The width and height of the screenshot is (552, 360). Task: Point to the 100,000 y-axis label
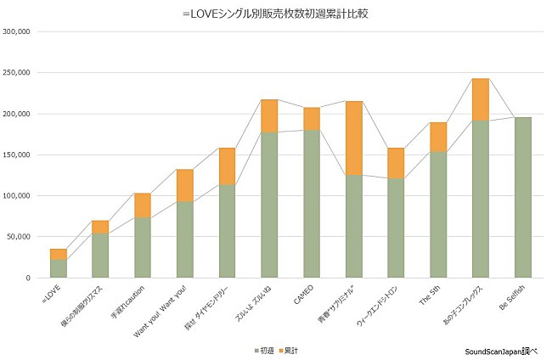tap(16, 195)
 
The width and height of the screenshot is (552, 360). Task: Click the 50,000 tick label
tap(19, 237)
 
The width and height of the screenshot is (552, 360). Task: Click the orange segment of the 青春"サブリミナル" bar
tap(353, 138)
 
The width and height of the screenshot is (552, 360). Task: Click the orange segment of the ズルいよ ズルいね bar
tap(269, 116)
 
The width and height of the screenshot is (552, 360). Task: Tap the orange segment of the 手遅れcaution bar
tap(142, 205)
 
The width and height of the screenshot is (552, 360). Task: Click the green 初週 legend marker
tap(255, 349)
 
